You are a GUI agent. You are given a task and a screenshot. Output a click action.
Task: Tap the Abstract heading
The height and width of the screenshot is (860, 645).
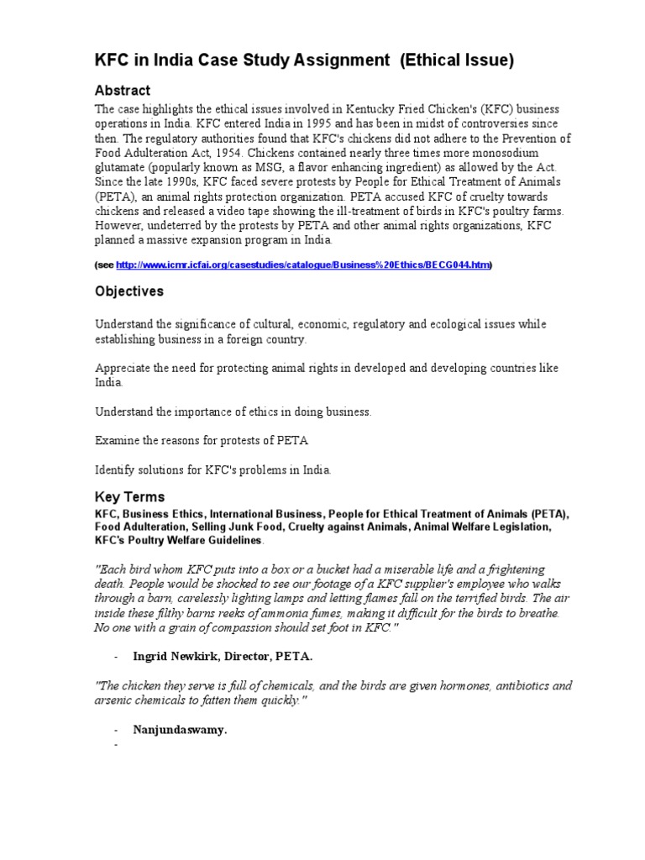pyautogui.click(x=123, y=91)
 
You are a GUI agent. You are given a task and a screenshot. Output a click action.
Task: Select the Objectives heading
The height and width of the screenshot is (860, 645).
pyautogui.click(x=129, y=291)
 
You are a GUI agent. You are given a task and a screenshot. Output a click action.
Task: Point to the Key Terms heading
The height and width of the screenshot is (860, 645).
pyautogui.click(x=129, y=496)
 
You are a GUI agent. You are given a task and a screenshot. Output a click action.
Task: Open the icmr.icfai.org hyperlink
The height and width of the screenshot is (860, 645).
pyautogui.click(x=302, y=265)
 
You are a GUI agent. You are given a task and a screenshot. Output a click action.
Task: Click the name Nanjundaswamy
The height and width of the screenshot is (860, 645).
pyautogui.click(x=180, y=730)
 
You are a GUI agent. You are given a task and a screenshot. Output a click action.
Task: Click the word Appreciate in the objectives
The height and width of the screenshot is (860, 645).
pyautogui.click(x=123, y=369)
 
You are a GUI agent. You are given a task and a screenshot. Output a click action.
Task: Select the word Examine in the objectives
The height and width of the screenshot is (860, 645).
pyautogui.click(x=117, y=440)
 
